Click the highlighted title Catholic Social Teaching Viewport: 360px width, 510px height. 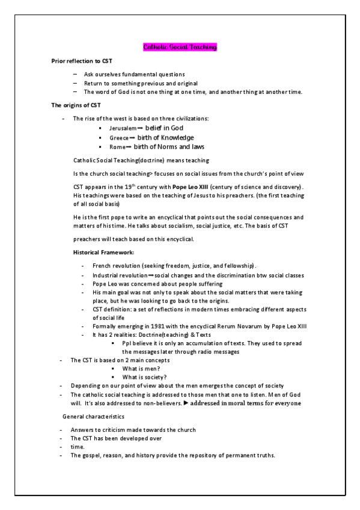click(x=180, y=46)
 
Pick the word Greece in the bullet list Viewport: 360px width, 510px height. click(x=117, y=138)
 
